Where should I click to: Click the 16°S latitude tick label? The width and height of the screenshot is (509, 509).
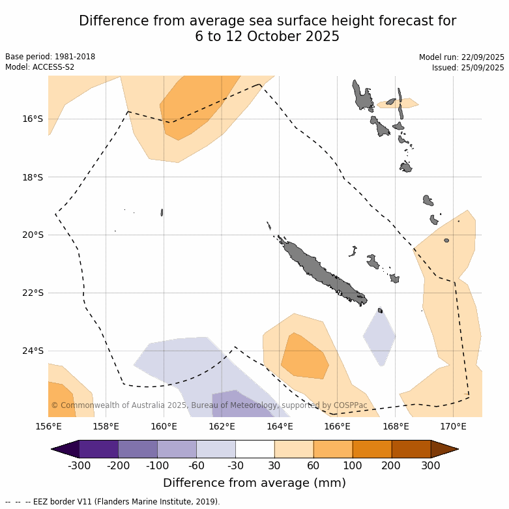click(32, 119)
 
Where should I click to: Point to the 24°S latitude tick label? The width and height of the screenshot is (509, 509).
click(32, 351)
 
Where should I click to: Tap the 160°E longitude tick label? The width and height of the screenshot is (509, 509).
click(164, 427)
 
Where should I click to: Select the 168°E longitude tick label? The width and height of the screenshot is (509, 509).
click(396, 427)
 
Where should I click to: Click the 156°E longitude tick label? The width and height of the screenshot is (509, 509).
click(48, 427)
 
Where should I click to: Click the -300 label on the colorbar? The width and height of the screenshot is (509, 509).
click(79, 465)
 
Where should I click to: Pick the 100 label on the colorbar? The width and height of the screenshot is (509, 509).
click(353, 465)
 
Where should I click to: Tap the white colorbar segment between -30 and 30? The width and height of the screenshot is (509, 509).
click(255, 449)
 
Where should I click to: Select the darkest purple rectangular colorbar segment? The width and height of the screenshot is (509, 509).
click(98, 449)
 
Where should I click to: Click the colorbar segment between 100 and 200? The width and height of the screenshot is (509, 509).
click(372, 449)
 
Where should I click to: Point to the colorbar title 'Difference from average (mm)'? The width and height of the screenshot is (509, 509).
click(254, 483)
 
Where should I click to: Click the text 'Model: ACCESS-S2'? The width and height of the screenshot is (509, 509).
click(40, 67)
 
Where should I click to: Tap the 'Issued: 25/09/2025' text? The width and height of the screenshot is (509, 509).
click(468, 68)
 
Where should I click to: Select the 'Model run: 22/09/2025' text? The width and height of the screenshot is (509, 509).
click(461, 57)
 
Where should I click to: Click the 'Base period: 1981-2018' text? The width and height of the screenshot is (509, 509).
click(50, 57)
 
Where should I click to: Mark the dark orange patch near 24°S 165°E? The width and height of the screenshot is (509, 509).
click(304, 357)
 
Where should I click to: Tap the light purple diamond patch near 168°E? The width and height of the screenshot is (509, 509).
click(379, 337)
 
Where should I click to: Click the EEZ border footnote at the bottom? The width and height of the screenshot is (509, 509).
click(113, 502)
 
